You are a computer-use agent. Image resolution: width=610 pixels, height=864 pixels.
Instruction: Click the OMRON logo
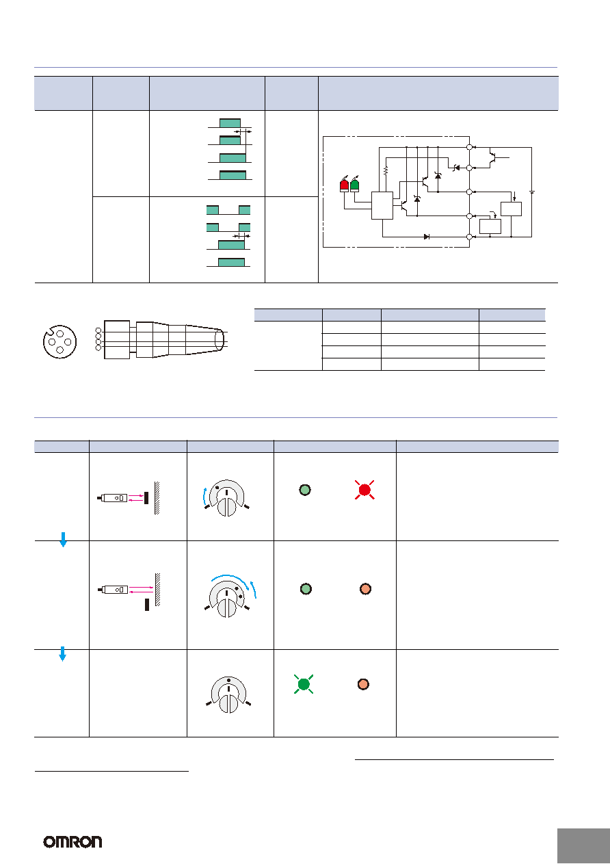coord(72,841)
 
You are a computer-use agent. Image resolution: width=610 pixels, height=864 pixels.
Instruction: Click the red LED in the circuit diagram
coord(344,185)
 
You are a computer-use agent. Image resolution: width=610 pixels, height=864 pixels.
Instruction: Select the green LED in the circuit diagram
coord(354,185)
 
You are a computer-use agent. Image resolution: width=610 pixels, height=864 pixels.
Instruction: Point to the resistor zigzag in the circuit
coord(386,170)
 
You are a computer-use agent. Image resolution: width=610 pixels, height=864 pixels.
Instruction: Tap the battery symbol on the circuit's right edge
coord(532,192)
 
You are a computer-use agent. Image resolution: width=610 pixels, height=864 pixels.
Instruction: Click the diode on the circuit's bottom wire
coord(427,237)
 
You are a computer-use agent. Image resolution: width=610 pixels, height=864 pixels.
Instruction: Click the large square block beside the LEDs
coord(382,205)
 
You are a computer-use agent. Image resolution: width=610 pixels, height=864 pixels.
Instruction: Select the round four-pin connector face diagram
coord(59,342)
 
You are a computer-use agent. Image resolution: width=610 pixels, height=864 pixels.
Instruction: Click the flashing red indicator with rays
coord(364,490)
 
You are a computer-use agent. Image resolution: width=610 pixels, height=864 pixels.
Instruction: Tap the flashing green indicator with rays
coord(304,684)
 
